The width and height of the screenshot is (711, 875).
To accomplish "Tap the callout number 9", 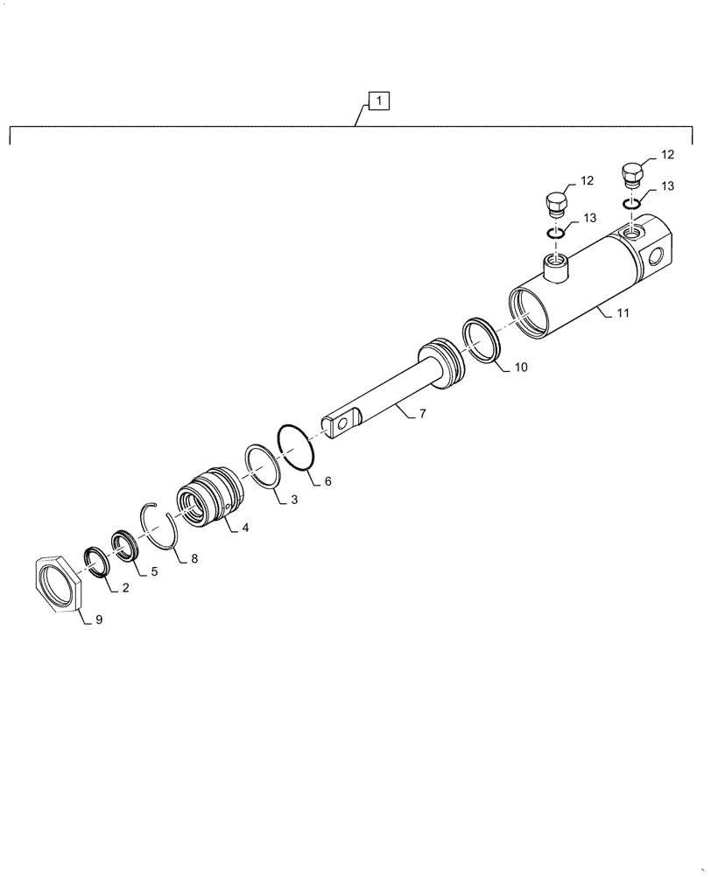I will click(98, 619).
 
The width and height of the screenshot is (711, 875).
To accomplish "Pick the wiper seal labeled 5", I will click(125, 544).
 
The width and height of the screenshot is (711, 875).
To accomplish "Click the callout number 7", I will click(422, 413).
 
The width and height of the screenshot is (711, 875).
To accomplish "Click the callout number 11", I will click(622, 312).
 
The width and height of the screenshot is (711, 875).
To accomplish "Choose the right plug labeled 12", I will click(632, 174).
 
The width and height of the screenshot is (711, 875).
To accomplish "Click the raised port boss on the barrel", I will click(554, 264).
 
